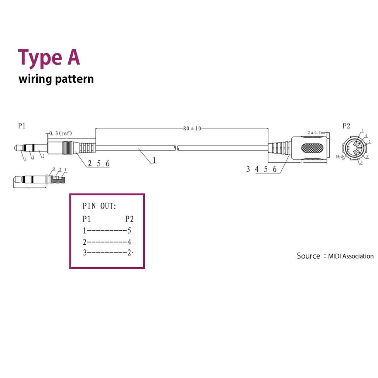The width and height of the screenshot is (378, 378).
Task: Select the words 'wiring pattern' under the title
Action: [56, 79]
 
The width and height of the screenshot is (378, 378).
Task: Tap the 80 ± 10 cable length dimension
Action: [192, 128]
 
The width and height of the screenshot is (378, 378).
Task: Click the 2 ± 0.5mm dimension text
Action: [316, 133]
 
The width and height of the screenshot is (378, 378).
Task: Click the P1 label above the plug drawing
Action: [22, 126]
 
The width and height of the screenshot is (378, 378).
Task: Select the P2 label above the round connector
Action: [346, 126]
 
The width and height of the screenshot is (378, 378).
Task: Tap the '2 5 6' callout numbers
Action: [99, 164]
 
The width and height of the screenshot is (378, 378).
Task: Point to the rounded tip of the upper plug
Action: [16, 148]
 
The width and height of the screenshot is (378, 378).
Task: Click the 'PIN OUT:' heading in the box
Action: [99, 206]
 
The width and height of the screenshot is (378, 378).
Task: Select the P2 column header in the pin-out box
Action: [129, 219]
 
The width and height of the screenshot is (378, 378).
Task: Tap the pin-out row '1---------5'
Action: [107, 231]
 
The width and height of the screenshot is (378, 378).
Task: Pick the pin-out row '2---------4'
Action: [107, 242]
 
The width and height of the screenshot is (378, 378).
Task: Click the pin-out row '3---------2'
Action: [107, 253]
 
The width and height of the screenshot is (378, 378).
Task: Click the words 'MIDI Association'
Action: [351, 256]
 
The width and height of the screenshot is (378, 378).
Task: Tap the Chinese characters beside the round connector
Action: [340, 156]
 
